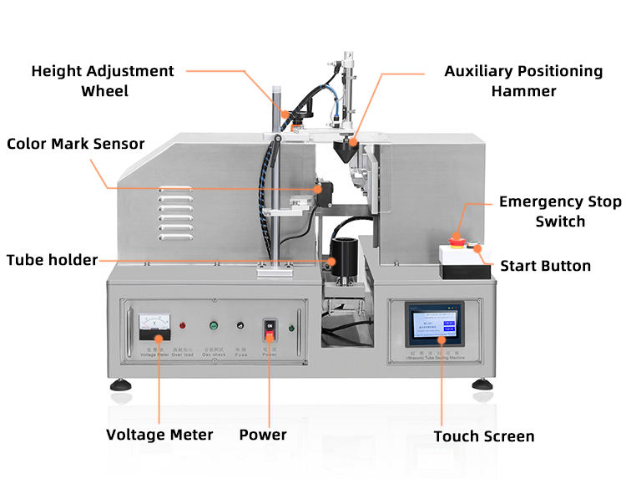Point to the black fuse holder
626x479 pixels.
241,325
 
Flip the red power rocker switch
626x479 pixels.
268,325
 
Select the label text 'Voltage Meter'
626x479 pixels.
159,435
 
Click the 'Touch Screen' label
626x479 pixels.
484,436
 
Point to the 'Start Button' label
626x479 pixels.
545,267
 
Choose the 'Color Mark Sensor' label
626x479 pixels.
76,144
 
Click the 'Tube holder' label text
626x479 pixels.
52,260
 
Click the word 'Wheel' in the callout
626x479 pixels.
103,90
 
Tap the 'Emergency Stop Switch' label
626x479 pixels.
560,211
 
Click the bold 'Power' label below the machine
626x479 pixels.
263,435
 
